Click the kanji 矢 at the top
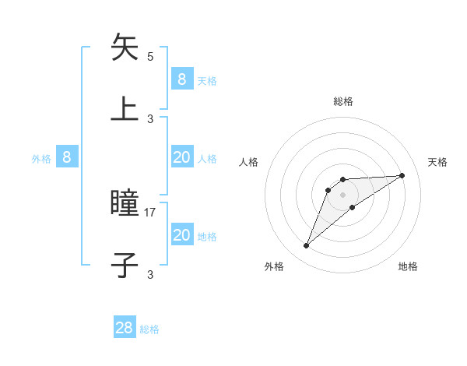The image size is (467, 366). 125,48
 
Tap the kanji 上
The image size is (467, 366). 125,108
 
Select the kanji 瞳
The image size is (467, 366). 125,204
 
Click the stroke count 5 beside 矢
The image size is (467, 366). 150,57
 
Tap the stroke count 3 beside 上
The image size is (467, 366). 150,118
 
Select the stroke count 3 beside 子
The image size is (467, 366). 150,274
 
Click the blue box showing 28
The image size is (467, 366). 125,328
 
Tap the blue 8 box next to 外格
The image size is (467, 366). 67,157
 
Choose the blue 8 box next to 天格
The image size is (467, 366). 181,79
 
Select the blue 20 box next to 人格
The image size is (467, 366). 181,157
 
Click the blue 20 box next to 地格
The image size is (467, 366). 181,235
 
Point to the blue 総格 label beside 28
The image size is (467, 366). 149,329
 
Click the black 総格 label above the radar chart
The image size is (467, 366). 343,101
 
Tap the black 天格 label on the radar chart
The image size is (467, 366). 438,162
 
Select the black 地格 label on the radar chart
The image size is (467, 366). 408,266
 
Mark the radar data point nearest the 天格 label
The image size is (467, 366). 402,175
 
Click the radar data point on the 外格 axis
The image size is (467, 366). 307,246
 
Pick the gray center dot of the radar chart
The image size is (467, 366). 342,194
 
